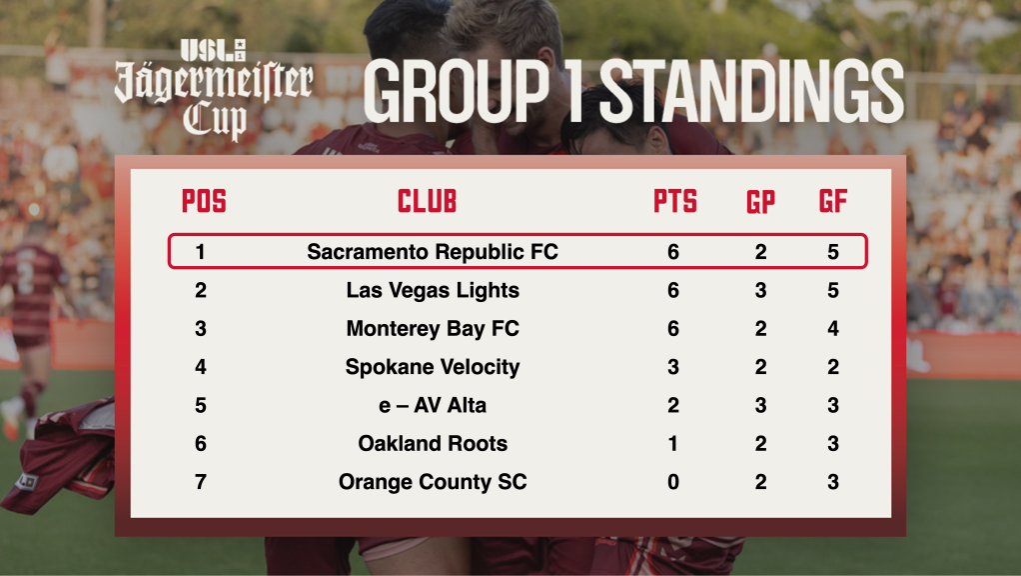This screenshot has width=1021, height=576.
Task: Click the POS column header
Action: pos(204,201)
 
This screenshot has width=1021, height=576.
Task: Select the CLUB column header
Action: pos(428,201)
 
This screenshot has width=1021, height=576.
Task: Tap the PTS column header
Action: pos(675,201)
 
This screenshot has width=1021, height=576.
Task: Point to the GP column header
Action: pos(760,202)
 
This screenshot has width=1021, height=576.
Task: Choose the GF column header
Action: pos(833,201)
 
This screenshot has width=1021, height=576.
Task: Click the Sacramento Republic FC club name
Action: pos(433,252)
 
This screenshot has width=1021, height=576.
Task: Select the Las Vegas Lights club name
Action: pos(433,291)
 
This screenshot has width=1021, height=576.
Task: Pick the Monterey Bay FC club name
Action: pos(433,328)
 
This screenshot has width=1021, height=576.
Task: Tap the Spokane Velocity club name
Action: pos(433,367)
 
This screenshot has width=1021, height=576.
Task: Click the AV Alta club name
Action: pos(450,405)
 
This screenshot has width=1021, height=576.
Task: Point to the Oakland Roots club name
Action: pos(433,444)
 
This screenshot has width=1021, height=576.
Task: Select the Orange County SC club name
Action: pos(433,482)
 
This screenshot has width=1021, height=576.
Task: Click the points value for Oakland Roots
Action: pos(673,444)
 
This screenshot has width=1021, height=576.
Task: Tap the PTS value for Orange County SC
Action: pos(673,482)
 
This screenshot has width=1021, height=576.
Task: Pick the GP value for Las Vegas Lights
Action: pos(760,291)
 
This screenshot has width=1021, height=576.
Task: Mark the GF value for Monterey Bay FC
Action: pos(833,328)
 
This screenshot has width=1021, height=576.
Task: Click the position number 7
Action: pos(201,482)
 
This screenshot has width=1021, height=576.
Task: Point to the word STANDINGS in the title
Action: pos(751,91)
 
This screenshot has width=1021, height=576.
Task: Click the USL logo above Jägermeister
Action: pos(213,50)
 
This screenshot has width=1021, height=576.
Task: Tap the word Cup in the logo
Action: pos(215,122)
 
